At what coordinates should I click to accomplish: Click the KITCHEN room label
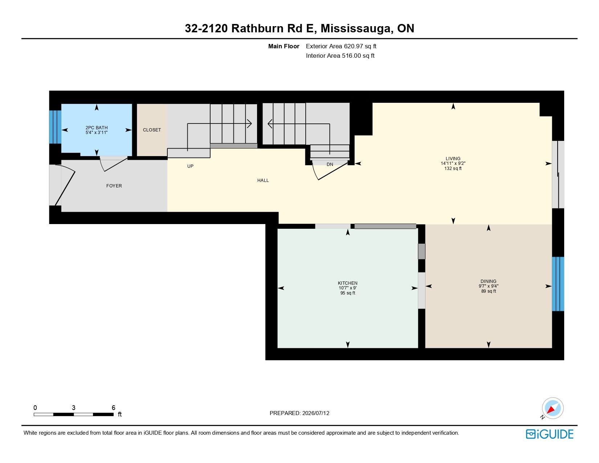[x=348, y=283]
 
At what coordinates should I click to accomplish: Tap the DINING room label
[x=489, y=281]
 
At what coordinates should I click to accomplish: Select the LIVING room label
[x=453, y=159]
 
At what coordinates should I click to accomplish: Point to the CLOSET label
[x=152, y=130]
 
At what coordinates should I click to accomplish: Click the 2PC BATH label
[x=97, y=128]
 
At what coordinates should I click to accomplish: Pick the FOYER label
[x=114, y=186]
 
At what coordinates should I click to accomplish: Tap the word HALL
[x=263, y=180]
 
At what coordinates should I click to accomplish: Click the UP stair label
[x=190, y=166]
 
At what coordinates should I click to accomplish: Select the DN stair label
[x=330, y=165]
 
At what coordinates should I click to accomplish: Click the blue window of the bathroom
[x=55, y=127]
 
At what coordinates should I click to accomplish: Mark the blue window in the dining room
[x=558, y=284]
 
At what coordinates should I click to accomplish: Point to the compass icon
[x=553, y=409]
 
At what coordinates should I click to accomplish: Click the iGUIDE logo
[x=550, y=434]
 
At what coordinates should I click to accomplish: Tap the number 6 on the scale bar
[x=113, y=407]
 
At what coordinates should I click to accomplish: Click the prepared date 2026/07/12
[x=315, y=413]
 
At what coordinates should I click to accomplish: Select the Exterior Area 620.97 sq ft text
[x=341, y=46]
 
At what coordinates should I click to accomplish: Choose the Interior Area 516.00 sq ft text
[x=340, y=56]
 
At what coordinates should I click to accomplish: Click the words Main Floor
[x=284, y=46]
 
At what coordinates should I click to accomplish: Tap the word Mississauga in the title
[x=357, y=29]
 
